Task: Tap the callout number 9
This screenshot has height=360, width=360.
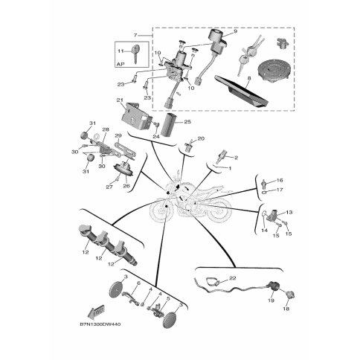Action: coord(235,33)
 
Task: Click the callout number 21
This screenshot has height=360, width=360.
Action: coord(119,100)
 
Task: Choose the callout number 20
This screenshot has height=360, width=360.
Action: coord(201,139)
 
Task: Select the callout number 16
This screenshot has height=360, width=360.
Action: coord(280,180)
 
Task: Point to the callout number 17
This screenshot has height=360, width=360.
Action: coord(280,190)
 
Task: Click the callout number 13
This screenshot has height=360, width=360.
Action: coord(290,212)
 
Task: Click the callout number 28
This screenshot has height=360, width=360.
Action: coord(105,130)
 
